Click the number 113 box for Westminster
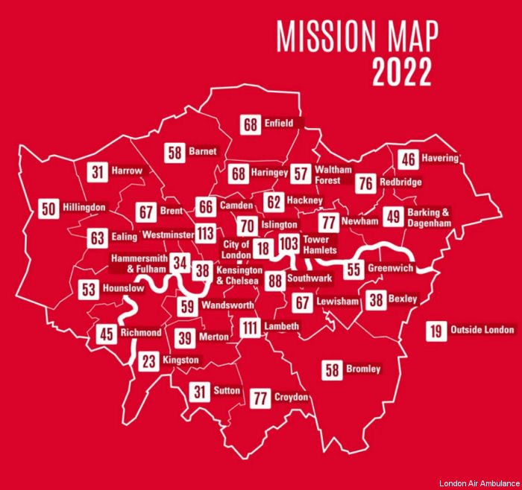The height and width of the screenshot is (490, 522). (207, 234)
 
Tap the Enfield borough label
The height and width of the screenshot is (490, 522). (279, 124)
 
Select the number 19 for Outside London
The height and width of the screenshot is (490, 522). (436, 330)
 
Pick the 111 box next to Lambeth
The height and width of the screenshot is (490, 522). (250, 327)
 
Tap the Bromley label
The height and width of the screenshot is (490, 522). (363, 369)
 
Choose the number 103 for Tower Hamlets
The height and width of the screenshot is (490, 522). (289, 244)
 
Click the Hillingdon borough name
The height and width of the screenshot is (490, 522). (84, 208)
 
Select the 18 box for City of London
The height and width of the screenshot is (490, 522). (262, 249)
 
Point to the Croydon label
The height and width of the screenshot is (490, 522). (291, 397)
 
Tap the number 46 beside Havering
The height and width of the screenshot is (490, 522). (408, 160)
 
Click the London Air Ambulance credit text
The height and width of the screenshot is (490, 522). (478, 483)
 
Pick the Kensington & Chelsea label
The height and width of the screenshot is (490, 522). (239, 276)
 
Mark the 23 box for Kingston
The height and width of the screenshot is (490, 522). (150, 361)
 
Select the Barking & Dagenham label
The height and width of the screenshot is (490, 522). (429, 217)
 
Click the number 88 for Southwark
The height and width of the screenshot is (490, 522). (275, 280)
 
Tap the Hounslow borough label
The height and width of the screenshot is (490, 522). (123, 288)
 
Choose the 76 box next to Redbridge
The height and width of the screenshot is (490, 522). (365, 183)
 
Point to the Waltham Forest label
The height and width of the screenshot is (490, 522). (327, 175)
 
